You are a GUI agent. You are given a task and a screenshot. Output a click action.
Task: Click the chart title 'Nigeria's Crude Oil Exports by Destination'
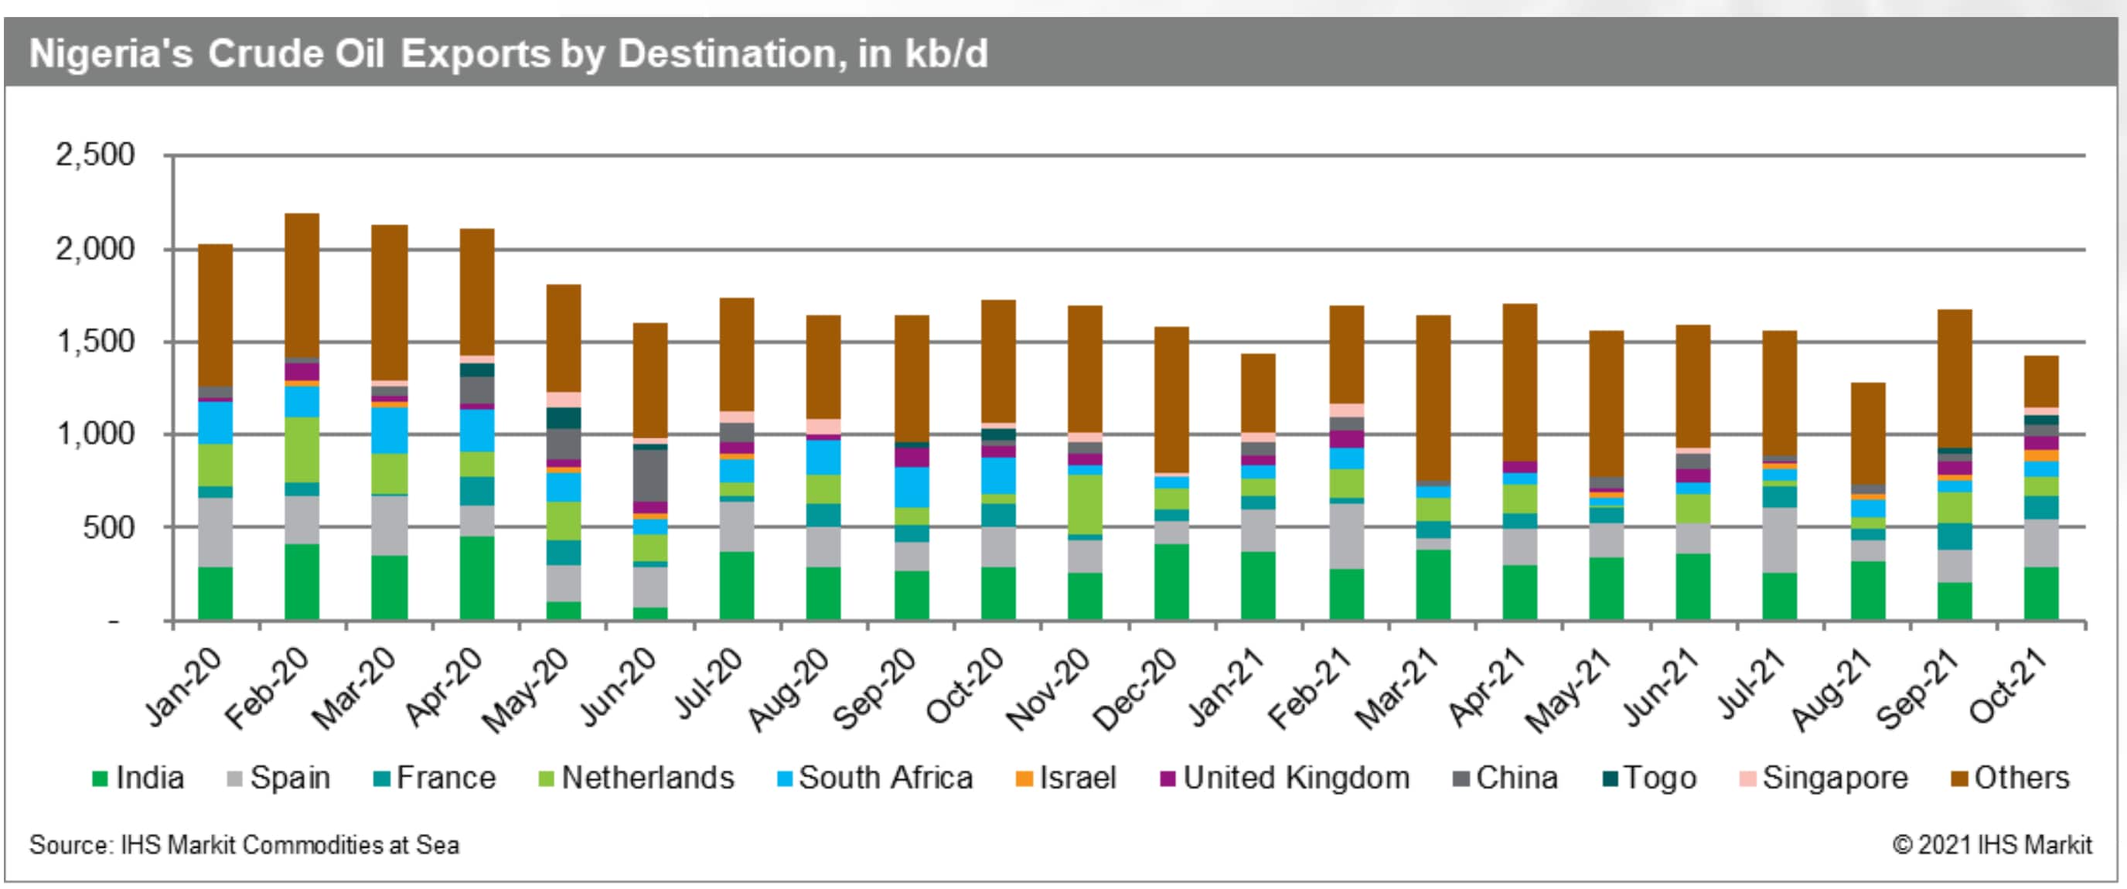pos(508,54)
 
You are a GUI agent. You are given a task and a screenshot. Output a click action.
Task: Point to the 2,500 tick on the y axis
pos(95,155)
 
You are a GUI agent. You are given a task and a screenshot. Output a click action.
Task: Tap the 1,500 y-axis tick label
pos(95,341)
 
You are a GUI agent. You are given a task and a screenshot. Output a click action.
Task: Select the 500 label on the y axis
pos(108,526)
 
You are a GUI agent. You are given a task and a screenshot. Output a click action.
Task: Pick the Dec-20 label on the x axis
pos(1134,689)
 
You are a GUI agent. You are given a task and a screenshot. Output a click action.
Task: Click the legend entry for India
pos(149,778)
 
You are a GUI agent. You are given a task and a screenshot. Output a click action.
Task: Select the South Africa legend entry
pos(885,778)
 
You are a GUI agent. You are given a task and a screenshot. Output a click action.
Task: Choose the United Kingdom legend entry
pos(1296,778)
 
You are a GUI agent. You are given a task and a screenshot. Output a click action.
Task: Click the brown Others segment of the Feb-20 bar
pos(302,284)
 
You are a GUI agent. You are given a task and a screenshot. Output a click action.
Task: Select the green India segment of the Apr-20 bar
pos(476,577)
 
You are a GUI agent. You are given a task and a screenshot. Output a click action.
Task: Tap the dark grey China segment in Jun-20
pos(649,475)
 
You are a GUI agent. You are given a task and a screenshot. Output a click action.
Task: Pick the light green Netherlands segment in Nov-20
pos(1084,503)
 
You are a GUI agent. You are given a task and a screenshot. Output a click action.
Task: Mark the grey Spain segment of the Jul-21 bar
pos(1779,540)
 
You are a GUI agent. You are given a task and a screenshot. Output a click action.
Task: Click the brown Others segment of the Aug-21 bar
pos(1868,434)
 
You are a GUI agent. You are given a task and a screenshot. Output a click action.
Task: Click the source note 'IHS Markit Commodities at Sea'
pos(244,845)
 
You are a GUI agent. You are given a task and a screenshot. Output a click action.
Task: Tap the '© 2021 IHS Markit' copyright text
pos(1992,845)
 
